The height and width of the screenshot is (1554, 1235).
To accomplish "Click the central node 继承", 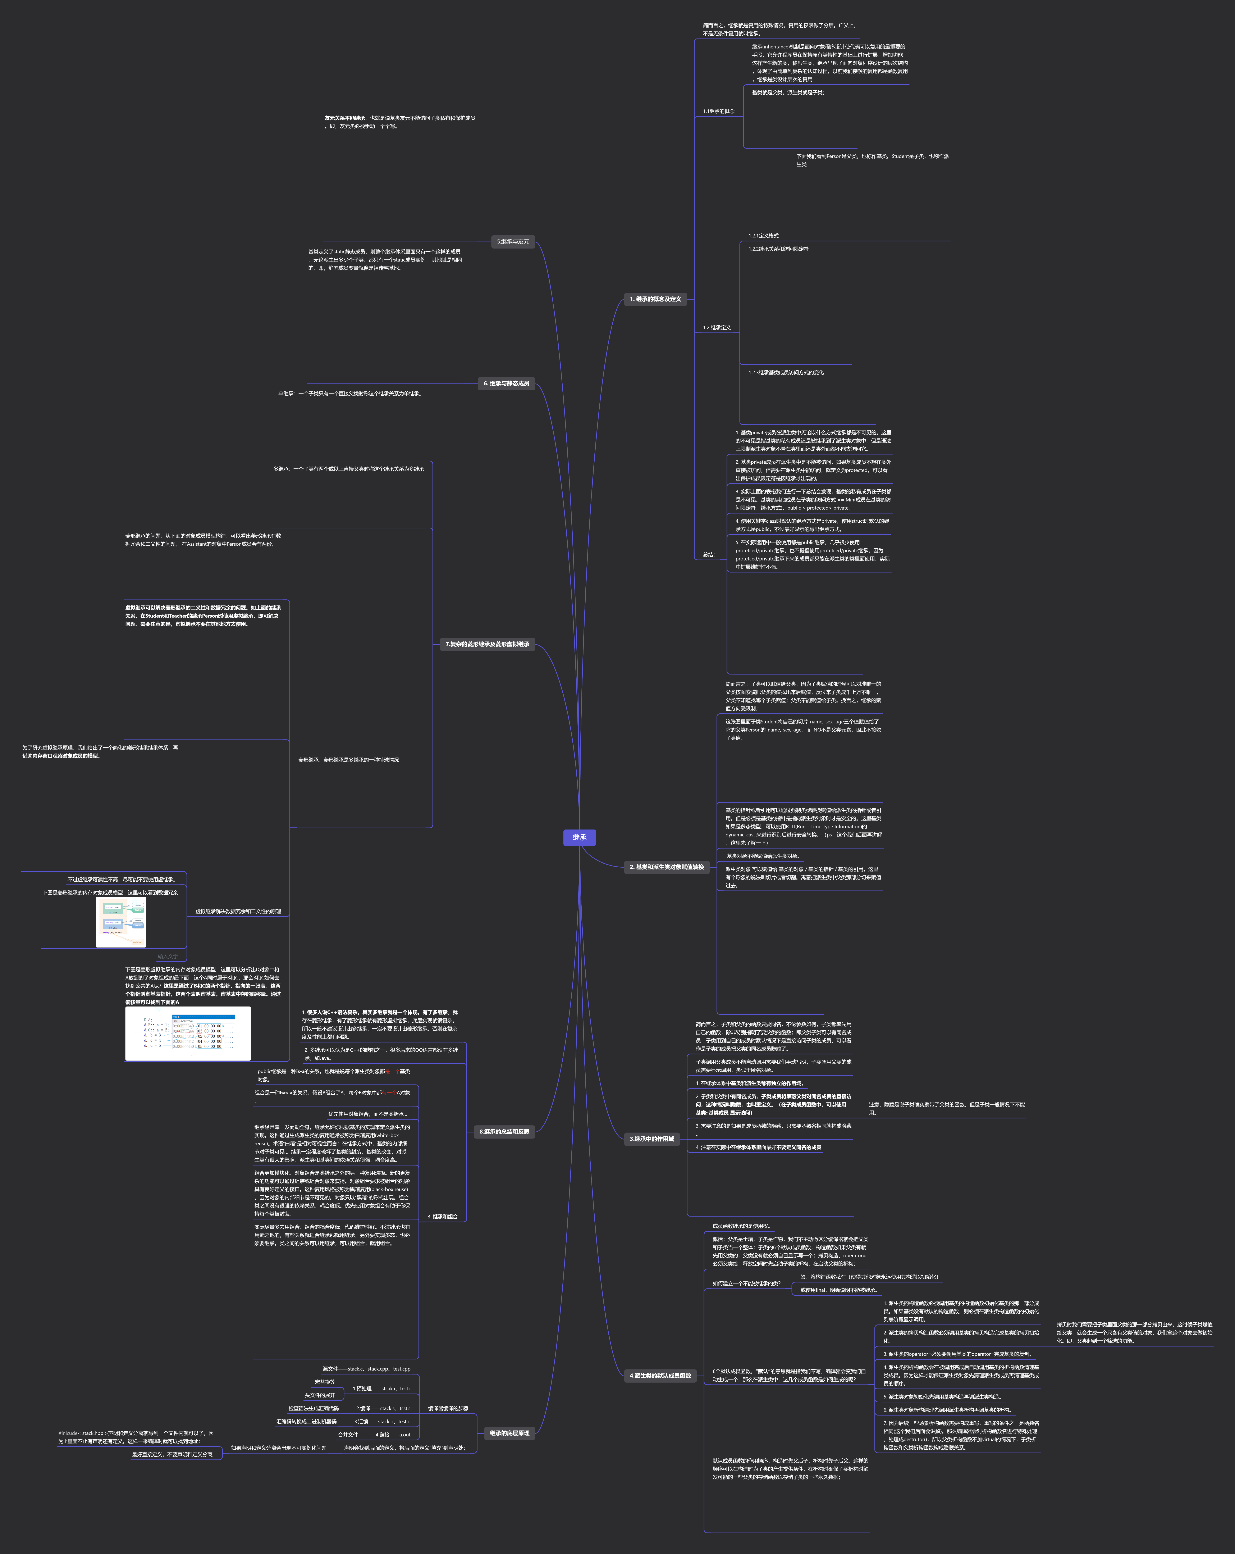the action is pos(579,837).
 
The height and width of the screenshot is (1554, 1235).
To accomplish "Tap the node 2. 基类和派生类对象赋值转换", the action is pos(667,867).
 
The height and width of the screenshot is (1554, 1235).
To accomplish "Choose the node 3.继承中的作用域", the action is pos(652,1139).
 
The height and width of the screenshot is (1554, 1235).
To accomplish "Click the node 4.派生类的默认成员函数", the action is pos(660,1375).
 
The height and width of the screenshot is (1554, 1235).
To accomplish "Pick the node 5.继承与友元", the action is pos(513,241).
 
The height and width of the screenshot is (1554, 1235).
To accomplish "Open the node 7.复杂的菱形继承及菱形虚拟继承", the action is pos(487,644).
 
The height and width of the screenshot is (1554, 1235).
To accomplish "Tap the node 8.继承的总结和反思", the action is pos(504,1132).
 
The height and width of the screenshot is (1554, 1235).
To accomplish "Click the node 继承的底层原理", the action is pos(509,1433).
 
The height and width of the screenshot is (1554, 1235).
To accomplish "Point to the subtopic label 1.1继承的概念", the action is pos(718,112).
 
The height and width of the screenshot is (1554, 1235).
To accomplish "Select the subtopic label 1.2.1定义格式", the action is pos(763,236).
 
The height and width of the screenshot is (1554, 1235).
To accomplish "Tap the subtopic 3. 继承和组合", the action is pos(442,1217).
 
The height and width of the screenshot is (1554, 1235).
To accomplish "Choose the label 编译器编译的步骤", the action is pos(447,1408).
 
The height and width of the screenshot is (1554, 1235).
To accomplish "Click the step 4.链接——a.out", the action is pos(393,1434).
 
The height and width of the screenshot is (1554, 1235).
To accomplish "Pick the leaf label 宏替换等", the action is pos(324,1382).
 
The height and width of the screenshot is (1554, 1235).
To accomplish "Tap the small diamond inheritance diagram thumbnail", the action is pos(121,922).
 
